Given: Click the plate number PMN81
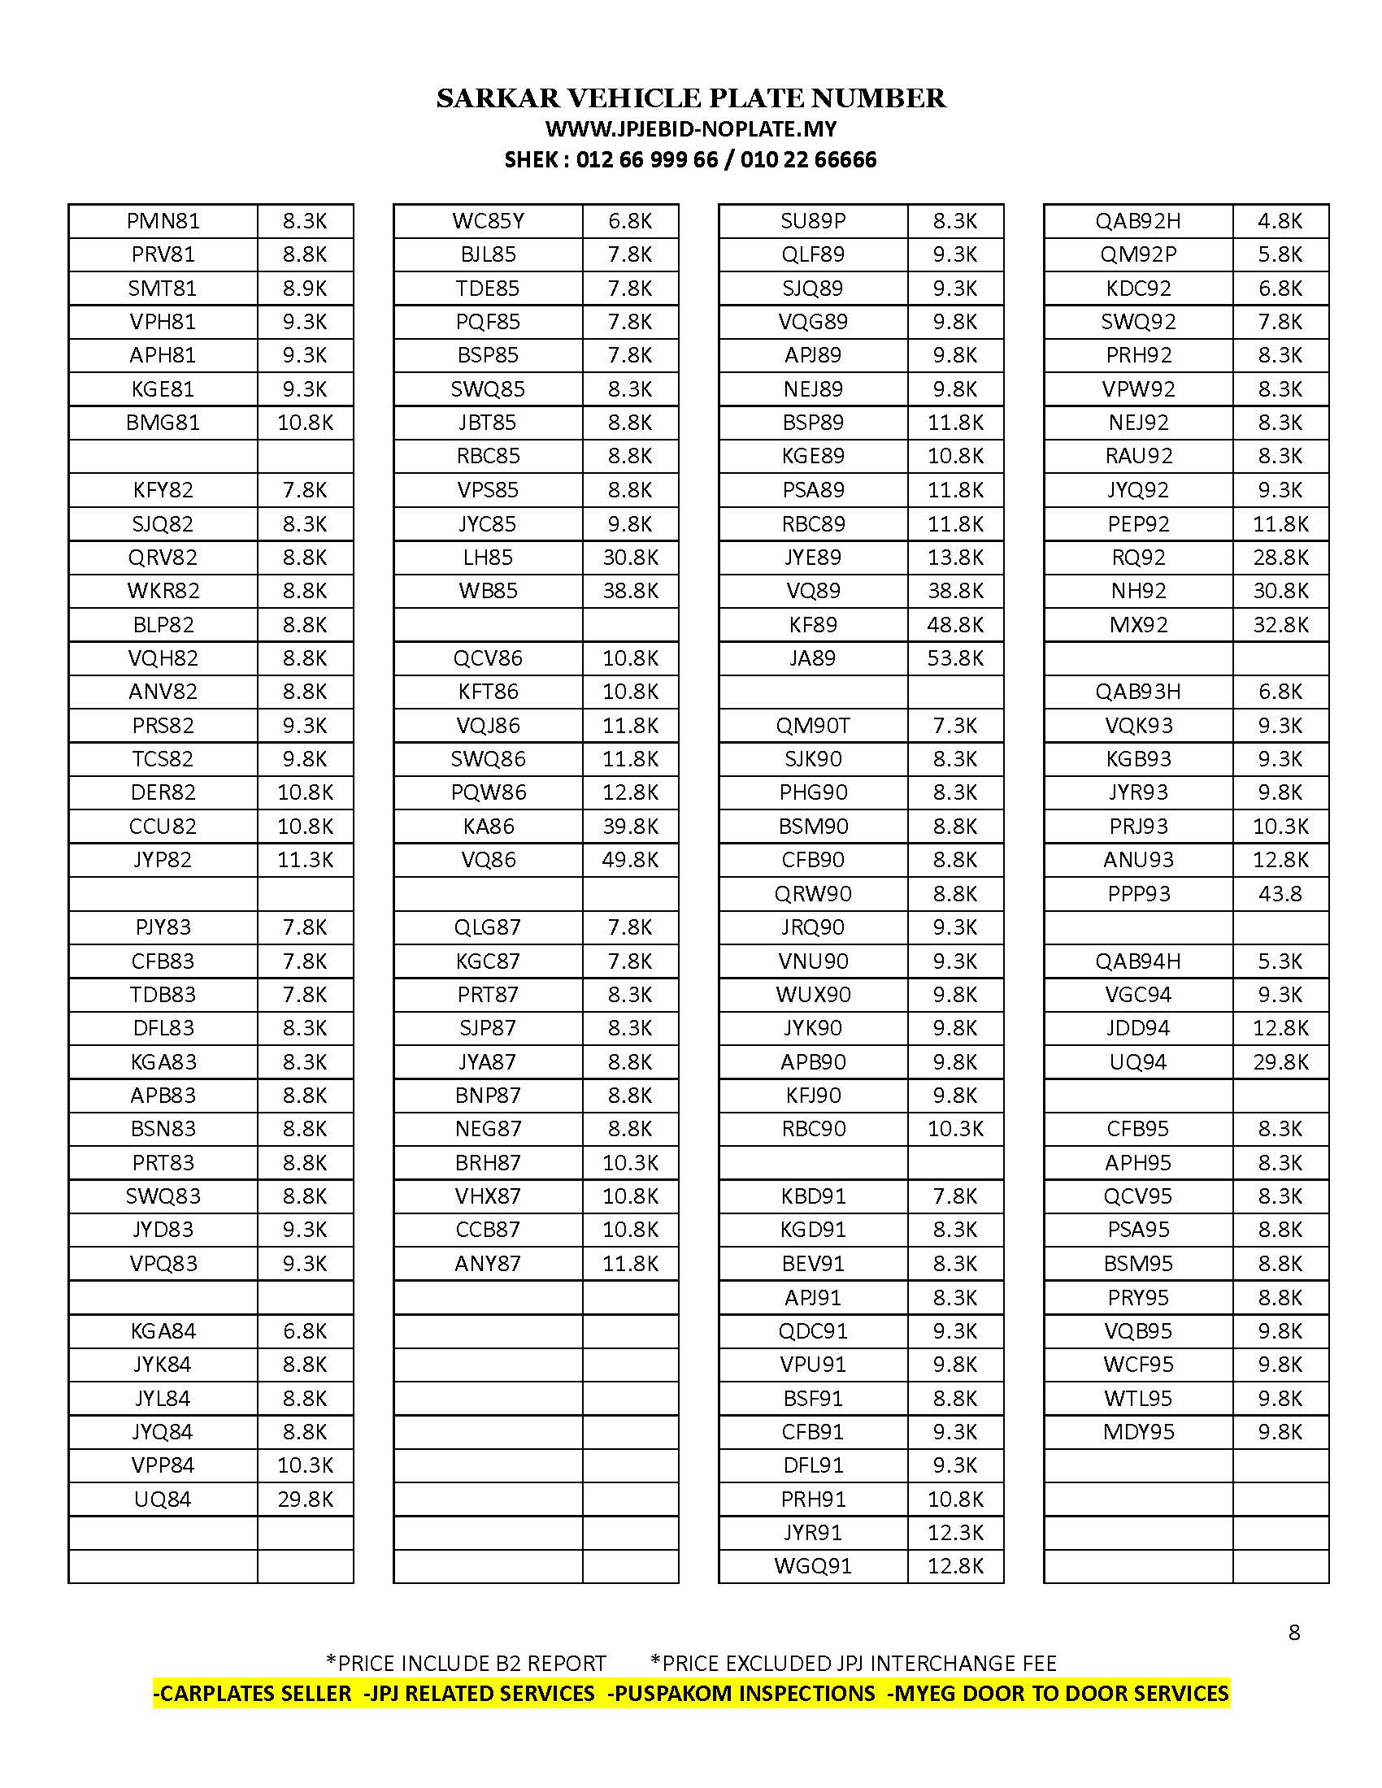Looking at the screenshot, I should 163,221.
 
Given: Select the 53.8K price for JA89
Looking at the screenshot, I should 954,658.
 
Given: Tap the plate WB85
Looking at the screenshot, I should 488,591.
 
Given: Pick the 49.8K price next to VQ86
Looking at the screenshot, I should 630,860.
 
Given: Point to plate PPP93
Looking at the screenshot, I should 1138,894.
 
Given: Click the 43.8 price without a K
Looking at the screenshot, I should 1280,894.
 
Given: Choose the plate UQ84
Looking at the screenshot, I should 163,1499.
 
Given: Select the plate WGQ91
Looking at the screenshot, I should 813,1566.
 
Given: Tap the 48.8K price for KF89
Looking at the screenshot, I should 954,625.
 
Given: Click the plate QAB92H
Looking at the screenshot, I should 1138,221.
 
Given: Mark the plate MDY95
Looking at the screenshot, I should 1138,1432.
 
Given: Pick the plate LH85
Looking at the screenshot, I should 488,558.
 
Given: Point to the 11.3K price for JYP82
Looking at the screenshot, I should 306,860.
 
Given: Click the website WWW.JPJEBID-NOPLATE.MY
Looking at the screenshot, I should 691,129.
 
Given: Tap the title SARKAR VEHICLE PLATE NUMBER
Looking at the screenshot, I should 691,98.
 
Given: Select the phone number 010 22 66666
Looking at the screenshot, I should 808,159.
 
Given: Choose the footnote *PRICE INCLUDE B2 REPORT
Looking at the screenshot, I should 466,1664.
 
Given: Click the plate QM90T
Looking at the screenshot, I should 813,725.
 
